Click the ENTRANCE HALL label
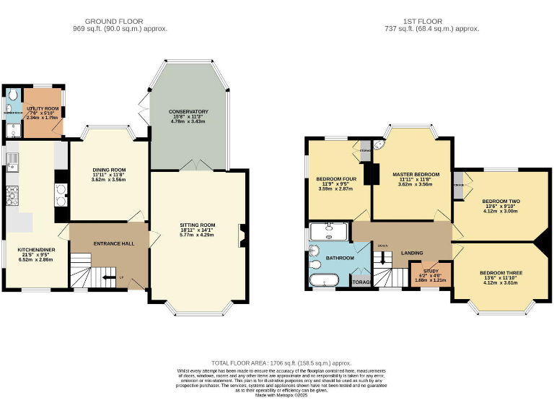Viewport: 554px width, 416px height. pos(114,243)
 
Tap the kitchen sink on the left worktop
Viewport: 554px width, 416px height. pos(12,160)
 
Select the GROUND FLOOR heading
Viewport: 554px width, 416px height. pos(120,22)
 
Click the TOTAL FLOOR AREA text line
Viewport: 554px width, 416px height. pos(281,363)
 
